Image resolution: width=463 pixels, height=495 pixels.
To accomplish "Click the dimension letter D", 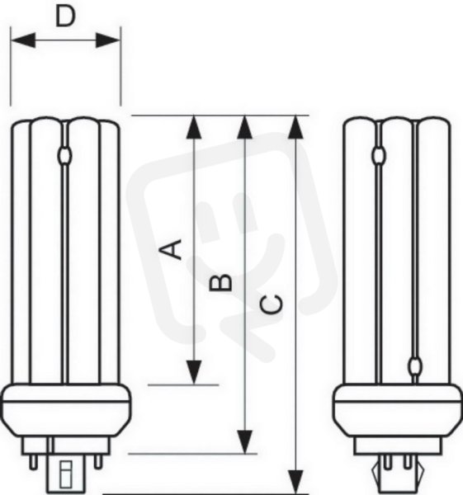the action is point(65,16).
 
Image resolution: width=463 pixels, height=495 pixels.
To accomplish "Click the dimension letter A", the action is point(171,249).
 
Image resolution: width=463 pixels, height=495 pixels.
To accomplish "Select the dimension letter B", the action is point(220,282).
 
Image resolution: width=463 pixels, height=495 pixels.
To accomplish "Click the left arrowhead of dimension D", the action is point(23,40).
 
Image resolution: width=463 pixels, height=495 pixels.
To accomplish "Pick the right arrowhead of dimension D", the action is point(107,40).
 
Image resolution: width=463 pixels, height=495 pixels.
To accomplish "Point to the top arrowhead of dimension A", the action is point(194,127).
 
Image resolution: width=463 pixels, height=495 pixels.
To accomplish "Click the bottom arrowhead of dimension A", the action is point(194,373).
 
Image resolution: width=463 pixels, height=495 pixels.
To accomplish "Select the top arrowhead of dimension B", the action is point(245,127).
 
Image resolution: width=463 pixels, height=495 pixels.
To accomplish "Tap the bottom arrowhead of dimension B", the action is point(245,442).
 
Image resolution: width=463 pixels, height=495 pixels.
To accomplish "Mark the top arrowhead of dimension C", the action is point(295,127).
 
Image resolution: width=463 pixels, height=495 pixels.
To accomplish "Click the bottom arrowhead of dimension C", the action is point(295,482).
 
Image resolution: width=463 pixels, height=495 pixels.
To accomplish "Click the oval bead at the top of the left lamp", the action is point(64,156).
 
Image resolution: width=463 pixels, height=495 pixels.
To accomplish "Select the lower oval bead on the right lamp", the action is point(414,366).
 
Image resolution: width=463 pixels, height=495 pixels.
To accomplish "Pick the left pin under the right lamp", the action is point(388,462).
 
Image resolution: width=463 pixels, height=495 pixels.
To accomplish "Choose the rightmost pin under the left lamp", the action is point(98,461).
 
